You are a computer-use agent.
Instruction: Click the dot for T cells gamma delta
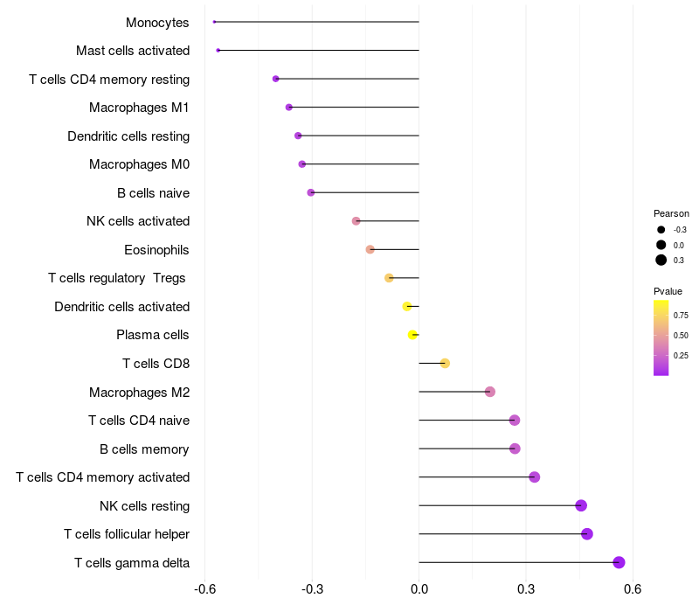(x=619, y=562)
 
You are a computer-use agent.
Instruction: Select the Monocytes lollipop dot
(x=214, y=22)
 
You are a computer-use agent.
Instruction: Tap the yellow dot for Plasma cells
(x=412, y=335)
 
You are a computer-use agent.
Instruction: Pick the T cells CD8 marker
(x=445, y=363)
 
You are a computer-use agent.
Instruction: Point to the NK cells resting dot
(x=581, y=505)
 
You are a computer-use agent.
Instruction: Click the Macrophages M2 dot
(x=490, y=392)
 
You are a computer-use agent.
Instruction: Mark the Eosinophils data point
(x=370, y=249)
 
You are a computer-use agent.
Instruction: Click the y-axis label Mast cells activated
(x=133, y=51)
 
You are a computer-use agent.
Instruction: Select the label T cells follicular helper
(x=127, y=534)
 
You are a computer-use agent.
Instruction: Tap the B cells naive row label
(x=153, y=193)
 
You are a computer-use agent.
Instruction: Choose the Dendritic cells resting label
(x=128, y=136)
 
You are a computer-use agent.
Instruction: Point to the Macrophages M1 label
(x=139, y=108)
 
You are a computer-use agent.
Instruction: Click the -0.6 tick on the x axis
(x=204, y=590)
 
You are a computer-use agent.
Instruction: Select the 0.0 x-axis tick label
(x=419, y=590)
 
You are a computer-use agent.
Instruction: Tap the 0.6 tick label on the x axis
(x=633, y=590)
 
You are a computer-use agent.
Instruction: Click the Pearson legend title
(x=671, y=213)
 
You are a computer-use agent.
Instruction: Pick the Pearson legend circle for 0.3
(x=661, y=260)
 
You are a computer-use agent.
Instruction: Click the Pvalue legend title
(x=668, y=291)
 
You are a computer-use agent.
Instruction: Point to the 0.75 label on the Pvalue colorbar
(x=681, y=315)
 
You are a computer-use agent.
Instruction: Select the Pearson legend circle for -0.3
(x=661, y=230)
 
